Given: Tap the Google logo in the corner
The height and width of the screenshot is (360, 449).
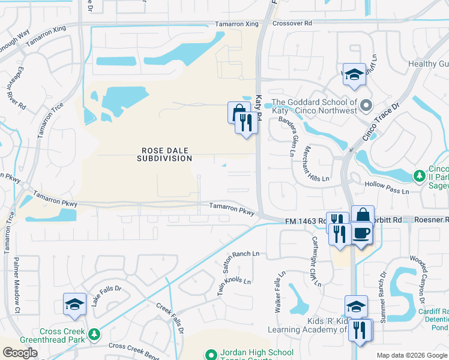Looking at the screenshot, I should point(20,353).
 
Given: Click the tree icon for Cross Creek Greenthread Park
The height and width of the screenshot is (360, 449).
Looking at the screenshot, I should point(93,333).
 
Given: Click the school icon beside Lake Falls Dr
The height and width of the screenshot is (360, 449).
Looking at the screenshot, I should point(74,304).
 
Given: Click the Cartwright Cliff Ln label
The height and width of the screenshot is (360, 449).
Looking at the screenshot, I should point(317,260).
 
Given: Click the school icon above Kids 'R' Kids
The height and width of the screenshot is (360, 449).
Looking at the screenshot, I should point(356,306).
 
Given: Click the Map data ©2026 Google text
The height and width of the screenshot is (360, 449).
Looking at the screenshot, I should point(411,355).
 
